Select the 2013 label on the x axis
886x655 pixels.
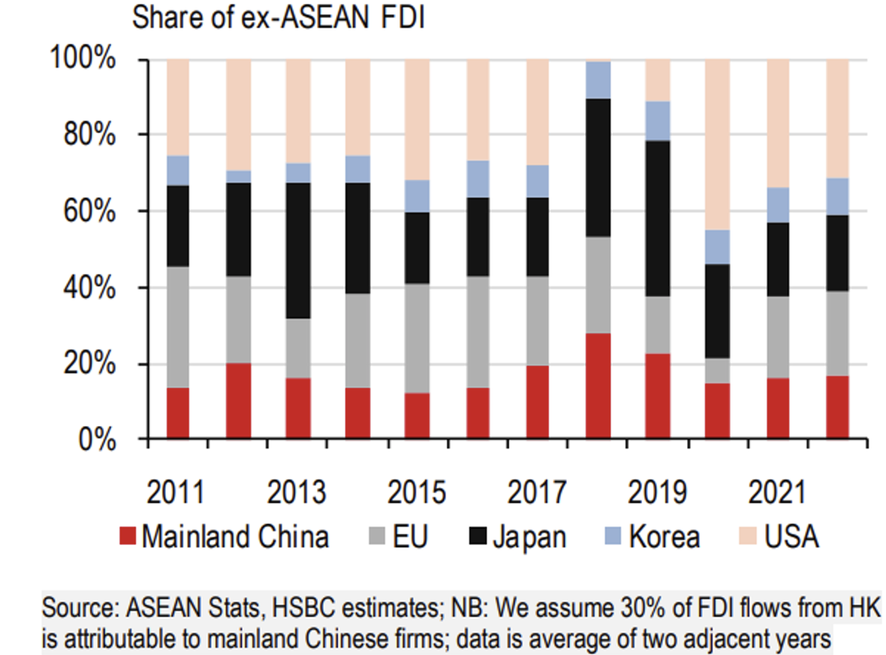coord(297,493)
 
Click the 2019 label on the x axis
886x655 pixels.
coord(657,493)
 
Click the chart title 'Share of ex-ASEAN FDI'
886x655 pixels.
coord(279,18)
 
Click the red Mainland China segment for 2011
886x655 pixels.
coord(178,412)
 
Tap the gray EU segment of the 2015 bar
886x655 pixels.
coord(417,338)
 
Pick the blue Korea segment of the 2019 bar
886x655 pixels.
coord(658,120)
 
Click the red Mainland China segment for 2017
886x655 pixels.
coord(538,401)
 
